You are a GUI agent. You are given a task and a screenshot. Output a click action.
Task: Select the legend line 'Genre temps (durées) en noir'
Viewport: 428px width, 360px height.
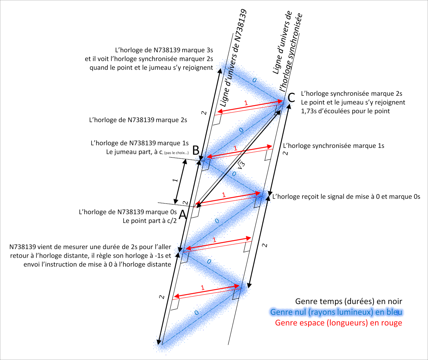349,301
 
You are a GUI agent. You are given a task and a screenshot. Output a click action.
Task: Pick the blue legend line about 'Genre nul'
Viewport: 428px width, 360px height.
336,312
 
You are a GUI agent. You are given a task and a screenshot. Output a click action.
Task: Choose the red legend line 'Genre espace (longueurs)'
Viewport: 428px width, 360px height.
339,323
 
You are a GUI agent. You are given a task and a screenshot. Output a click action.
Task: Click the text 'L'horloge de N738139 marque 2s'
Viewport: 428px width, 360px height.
138,120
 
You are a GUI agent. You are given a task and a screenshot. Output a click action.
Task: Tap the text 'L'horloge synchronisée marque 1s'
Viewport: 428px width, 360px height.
334,146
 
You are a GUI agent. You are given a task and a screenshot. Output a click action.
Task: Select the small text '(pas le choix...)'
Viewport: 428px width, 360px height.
179,152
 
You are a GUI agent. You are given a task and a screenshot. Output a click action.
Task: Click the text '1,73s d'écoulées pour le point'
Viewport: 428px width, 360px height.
346,111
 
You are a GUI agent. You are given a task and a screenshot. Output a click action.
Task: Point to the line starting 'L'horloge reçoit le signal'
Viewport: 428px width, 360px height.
346,197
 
